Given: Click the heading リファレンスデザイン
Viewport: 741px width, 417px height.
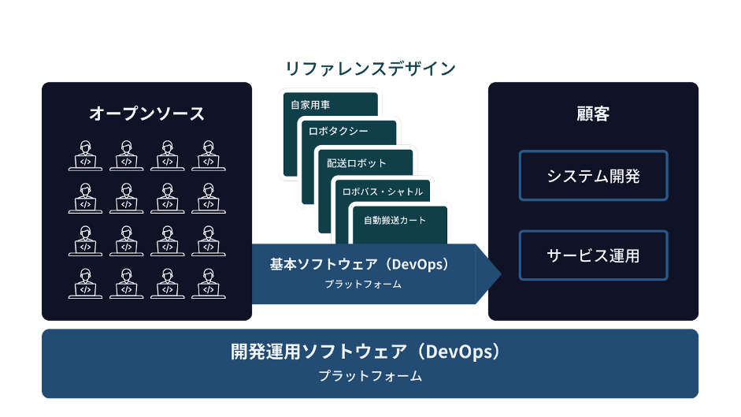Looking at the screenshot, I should pos(369,69).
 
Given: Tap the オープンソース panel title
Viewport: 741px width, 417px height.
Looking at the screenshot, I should pos(146,114).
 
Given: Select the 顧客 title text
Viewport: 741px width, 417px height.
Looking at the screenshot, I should pos(593,114).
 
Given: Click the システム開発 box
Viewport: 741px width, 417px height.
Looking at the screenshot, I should pos(593,175).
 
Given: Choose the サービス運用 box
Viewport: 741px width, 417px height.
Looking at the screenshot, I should pos(593,255).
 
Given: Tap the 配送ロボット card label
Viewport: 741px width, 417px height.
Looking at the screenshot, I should pos(357,163).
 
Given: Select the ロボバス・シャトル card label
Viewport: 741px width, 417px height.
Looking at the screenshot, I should pos(382,192).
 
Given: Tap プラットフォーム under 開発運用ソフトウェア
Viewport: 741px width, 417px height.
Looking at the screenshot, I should pos(370,377).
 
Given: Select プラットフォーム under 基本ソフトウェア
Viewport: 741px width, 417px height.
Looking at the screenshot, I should pos(363,285).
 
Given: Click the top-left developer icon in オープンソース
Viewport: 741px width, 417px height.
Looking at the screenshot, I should pos(85,155).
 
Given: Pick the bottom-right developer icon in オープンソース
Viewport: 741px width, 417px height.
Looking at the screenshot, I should pos(208,283).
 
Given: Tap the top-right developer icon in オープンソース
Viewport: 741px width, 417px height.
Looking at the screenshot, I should pos(208,155).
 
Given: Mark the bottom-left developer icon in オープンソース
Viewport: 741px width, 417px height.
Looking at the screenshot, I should pos(85,283).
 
